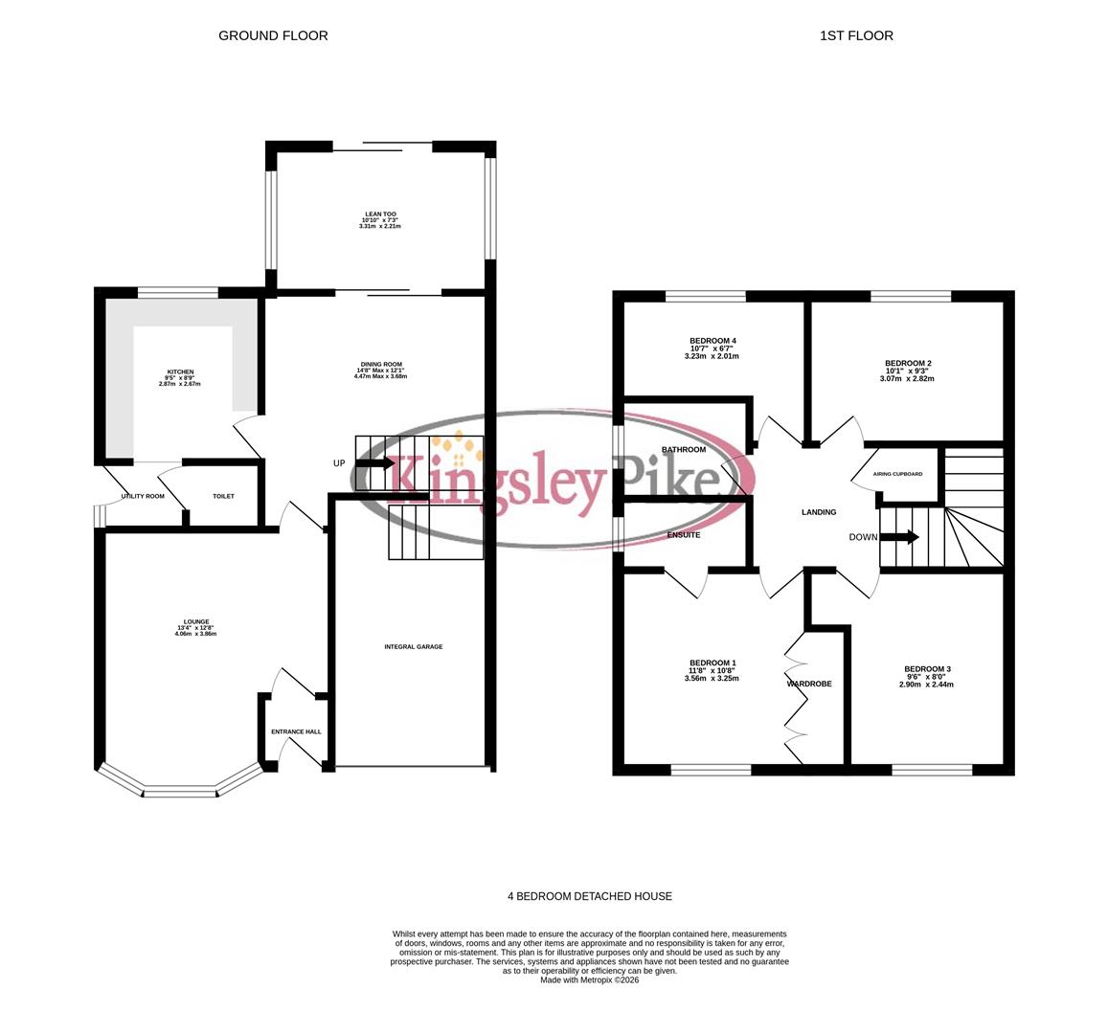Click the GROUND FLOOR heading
click(273, 35)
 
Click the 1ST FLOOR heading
click(856, 35)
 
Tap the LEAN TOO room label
click(380, 214)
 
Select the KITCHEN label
click(180, 371)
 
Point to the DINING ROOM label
click(380, 365)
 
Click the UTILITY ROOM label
click(143, 496)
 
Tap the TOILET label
click(223, 496)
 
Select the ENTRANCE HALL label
click(296, 731)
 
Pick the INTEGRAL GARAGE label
click(414, 647)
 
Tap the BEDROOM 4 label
click(712, 341)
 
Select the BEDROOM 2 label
click(908, 364)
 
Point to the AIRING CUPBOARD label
click(898, 474)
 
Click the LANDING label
click(819, 512)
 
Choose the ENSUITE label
click(684, 534)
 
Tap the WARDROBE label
click(809, 684)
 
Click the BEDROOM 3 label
click(927, 669)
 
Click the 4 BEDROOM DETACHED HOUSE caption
click(590, 896)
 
